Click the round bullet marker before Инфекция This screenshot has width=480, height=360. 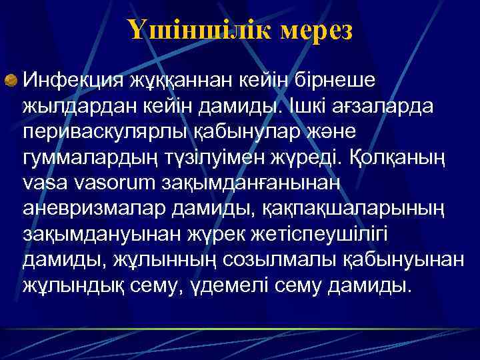[11, 81]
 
